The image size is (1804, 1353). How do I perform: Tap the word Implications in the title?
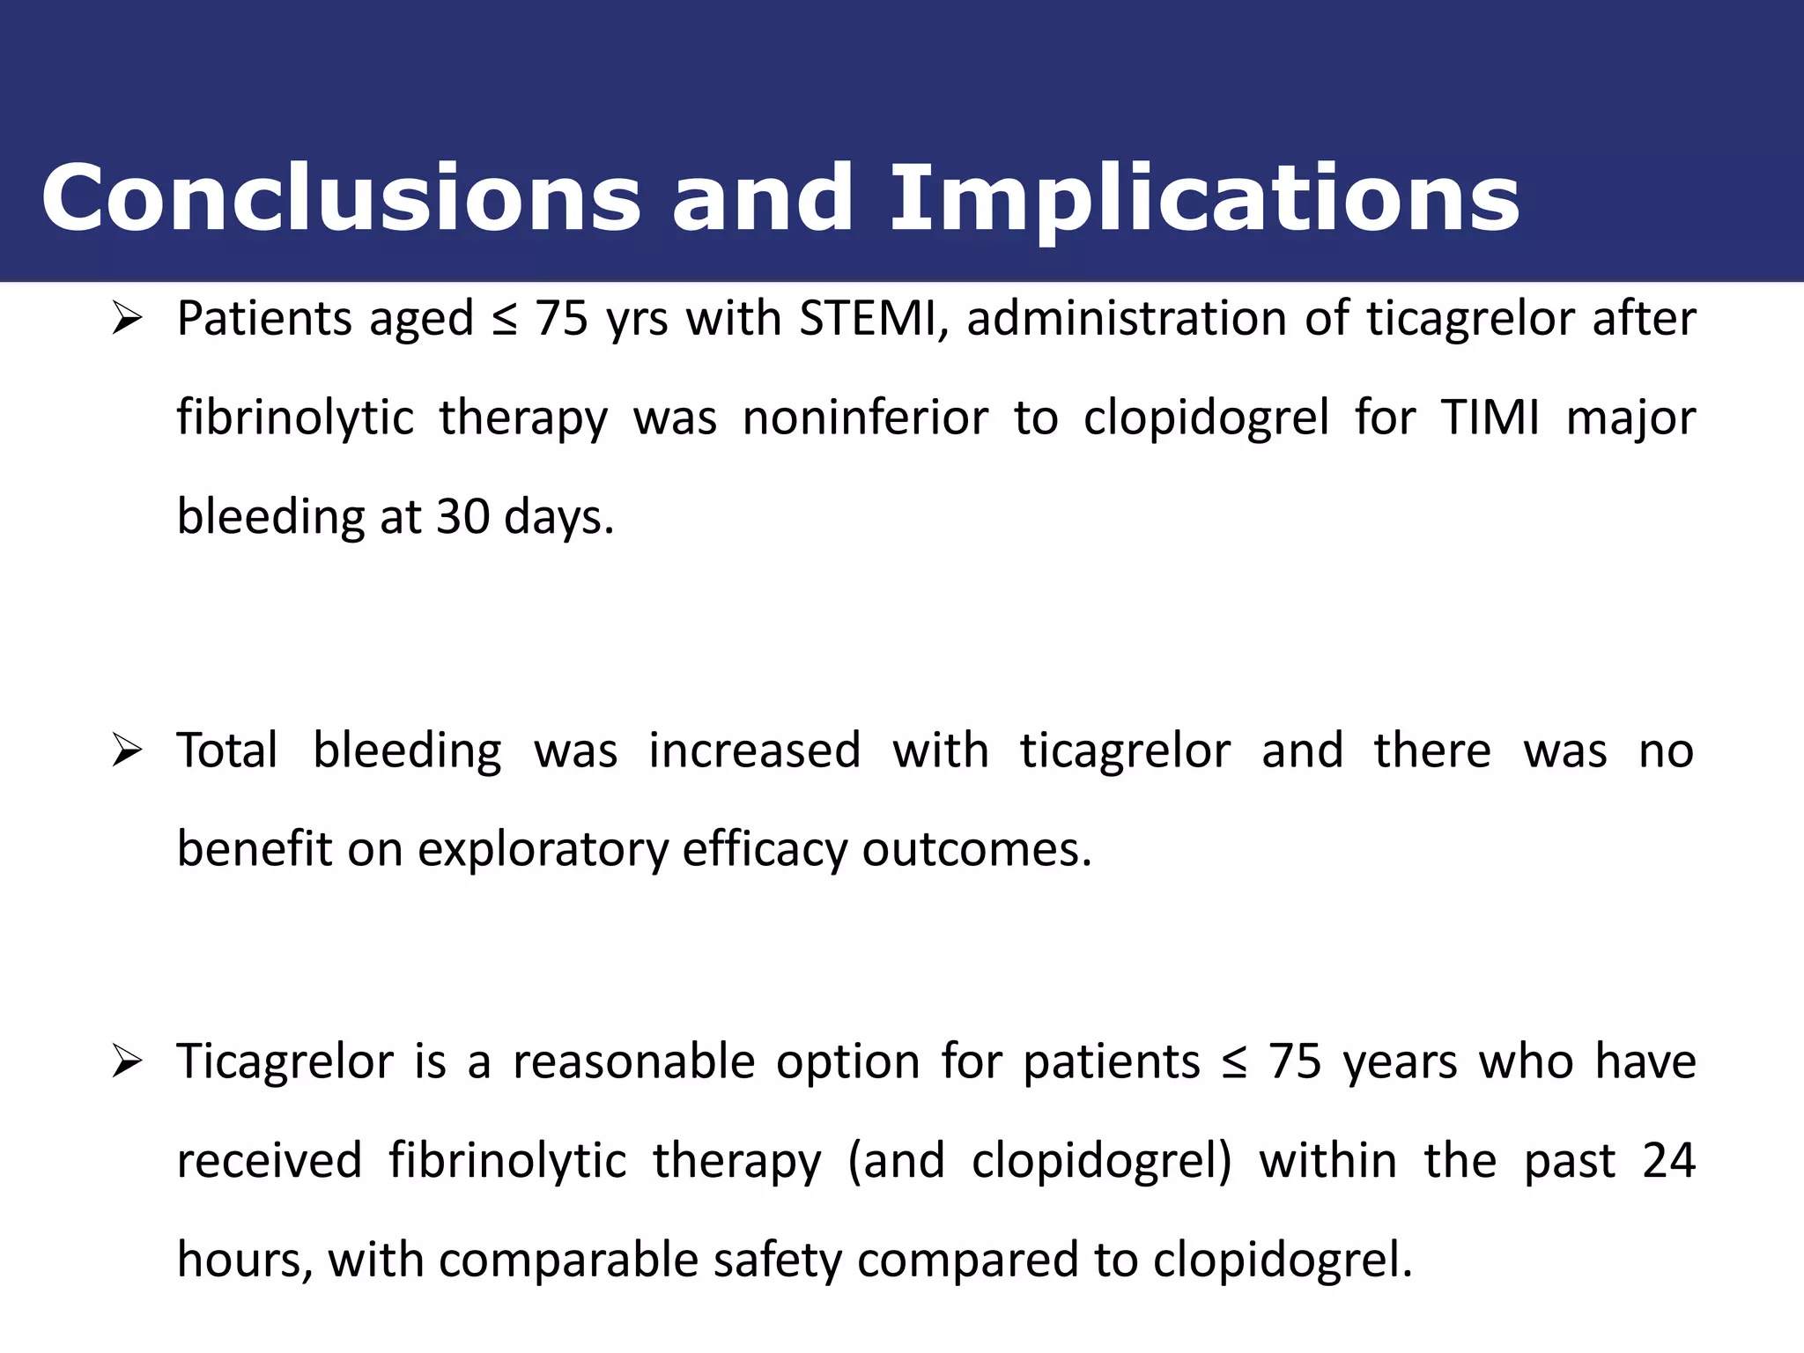[x=1204, y=200]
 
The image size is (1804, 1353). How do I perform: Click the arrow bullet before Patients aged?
[x=127, y=320]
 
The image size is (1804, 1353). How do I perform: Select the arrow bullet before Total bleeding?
[x=127, y=751]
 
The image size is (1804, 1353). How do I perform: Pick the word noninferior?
[x=864, y=418]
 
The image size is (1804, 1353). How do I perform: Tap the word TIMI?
[x=1490, y=418]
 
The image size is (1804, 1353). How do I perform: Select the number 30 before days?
[x=462, y=516]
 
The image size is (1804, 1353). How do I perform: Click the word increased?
[x=754, y=751]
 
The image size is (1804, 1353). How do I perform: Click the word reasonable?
[x=633, y=1061]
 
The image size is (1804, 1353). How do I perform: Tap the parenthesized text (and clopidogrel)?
[x=1039, y=1161]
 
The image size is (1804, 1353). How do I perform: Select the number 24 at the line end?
[x=1668, y=1161]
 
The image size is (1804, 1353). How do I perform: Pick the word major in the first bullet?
[x=1630, y=419]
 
